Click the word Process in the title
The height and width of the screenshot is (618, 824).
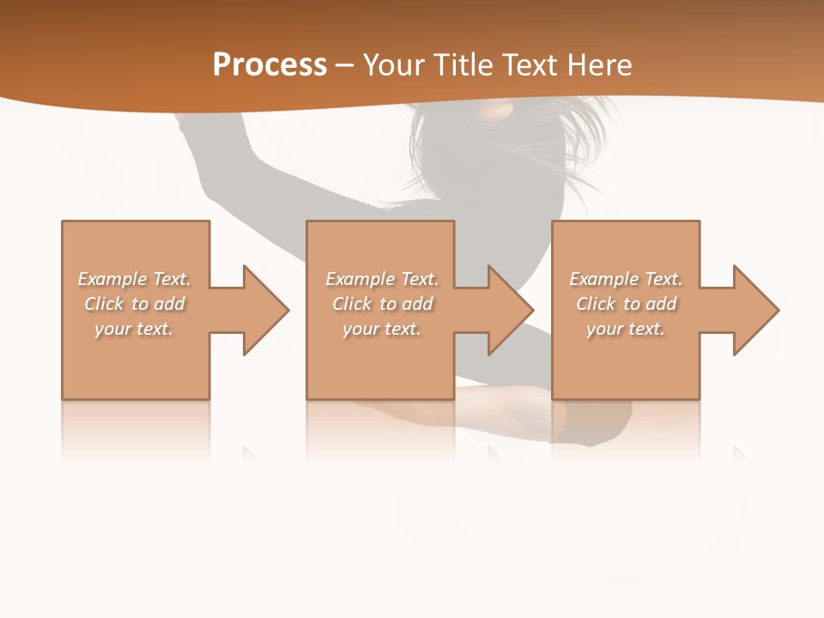[270, 65]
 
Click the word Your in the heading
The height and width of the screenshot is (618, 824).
[397, 65]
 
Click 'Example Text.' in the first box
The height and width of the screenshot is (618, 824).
[134, 279]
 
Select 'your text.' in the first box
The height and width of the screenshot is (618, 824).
[134, 329]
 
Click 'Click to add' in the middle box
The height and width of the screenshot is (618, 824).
[382, 304]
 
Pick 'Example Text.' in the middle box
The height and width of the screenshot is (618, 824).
[382, 279]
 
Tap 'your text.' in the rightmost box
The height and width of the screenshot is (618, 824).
[626, 329]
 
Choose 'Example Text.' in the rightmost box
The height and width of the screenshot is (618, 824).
[626, 279]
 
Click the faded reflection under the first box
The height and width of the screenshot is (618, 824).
[135, 429]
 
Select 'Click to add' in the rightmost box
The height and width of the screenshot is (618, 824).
[626, 304]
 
